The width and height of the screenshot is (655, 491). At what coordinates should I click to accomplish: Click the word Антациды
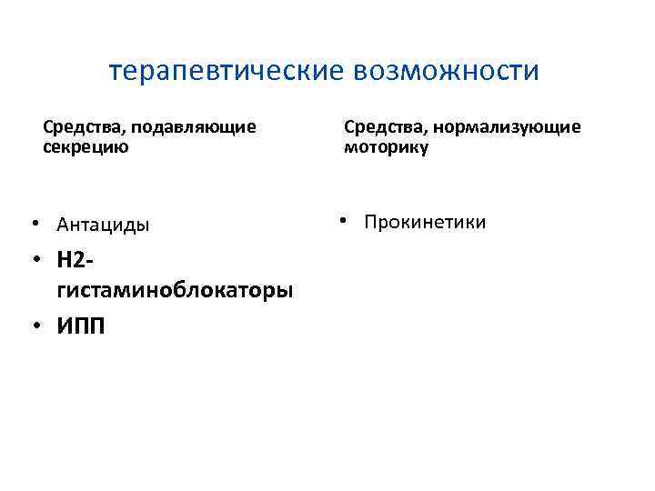(x=103, y=224)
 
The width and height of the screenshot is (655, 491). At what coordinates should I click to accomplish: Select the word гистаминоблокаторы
(x=175, y=290)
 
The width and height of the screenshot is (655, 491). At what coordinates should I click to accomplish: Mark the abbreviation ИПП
(x=80, y=326)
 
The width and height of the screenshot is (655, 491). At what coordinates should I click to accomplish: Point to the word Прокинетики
(x=425, y=222)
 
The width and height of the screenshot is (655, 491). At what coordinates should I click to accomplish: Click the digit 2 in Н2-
(x=78, y=260)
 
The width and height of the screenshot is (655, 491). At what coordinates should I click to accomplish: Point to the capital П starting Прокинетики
(x=371, y=222)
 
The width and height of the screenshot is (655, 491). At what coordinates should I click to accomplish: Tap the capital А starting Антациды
(x=63, y=224)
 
